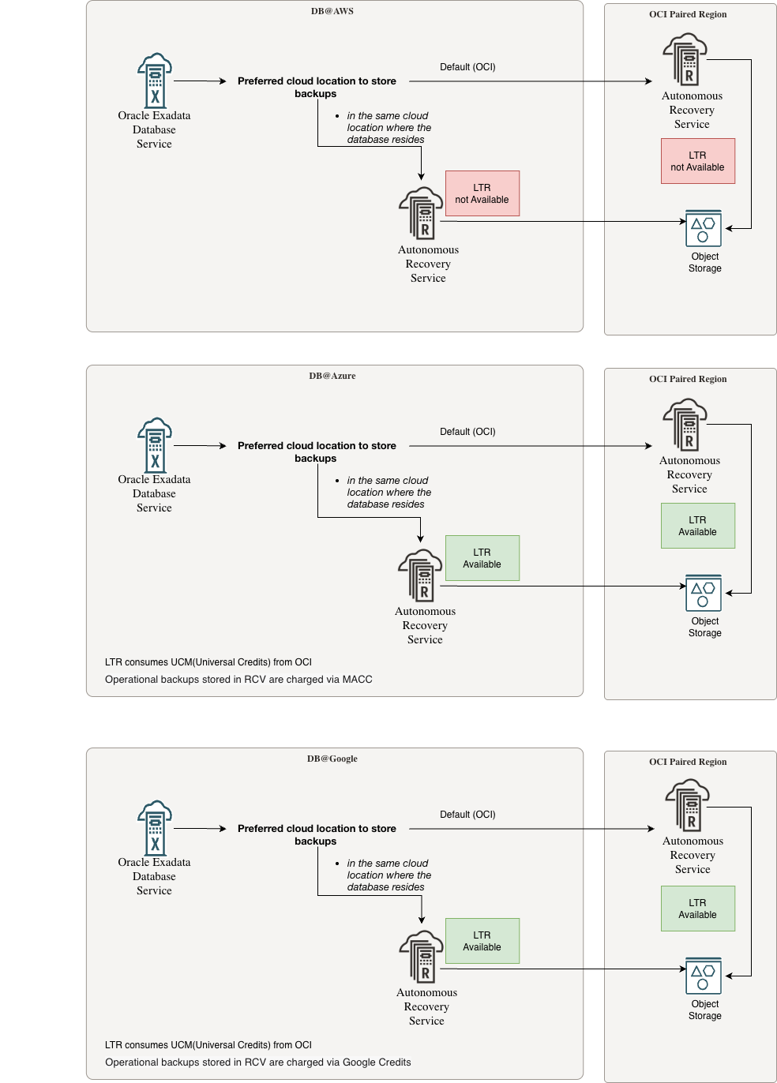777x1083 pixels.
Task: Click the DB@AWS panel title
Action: pyautogui.click(x=332, y=11)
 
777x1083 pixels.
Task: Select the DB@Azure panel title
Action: pyautogui.click(x=332, y=376)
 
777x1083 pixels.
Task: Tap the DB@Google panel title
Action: pyautogui.click(x=332, y=759)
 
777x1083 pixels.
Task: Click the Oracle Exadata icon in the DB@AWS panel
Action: pyautogui.click(x=155, y=81)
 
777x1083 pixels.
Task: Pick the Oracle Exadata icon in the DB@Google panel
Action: pyautogui.click(x=155, y=828)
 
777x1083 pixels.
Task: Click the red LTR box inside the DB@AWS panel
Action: pyautogui.click(x=482, y=193)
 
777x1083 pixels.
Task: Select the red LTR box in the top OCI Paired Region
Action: pyautogui.click(x=698, y=161)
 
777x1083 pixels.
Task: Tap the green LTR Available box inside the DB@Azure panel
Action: pyautogui.click(x=482, y=558)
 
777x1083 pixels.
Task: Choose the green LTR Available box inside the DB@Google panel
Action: pyautogui.click(x=482, y=941)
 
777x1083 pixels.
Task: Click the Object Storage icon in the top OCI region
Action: pyautogui.click(x=704, y=229)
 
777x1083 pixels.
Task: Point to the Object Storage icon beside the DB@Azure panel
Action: pyautogui.click(x=704, y=594)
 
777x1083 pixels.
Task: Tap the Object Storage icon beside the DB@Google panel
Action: pyautogui.click(x=704, y=976)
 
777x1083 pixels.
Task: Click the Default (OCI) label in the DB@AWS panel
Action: pyautogui.click(x=467, y=67)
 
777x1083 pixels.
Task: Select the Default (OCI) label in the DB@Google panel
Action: pyautogui.click(x=467, y=815)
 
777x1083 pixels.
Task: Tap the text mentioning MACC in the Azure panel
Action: pyautogui.click(x=238, y=680)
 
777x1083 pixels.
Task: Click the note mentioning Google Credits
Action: pyautogui.click(x=258, y=1062)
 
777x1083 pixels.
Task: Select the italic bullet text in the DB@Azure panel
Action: pyautogui.click(x=388, y=493)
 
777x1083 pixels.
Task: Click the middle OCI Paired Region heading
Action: pyautogui.click(x=688, y=379)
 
